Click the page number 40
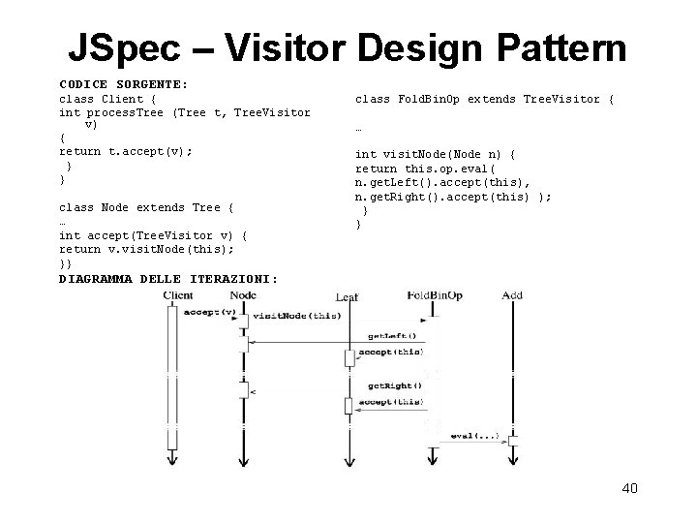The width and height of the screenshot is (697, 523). pos(629,488)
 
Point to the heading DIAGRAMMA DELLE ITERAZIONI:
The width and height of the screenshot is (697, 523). pos(167,279)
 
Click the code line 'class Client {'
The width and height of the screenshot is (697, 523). pos(102,99)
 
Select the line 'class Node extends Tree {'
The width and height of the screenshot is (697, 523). pos(146,207)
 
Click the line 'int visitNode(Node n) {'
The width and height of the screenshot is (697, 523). pos(435,154)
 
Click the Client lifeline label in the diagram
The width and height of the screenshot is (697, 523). pos(184,295)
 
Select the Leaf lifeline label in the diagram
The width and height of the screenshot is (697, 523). pos(347,297)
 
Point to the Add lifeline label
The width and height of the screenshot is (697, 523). pos(512,295)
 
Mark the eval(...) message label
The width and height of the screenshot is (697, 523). pos(475,436)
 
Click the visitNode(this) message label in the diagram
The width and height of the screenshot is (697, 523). pos(296,317)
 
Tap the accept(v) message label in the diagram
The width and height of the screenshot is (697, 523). pos(209,312)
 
